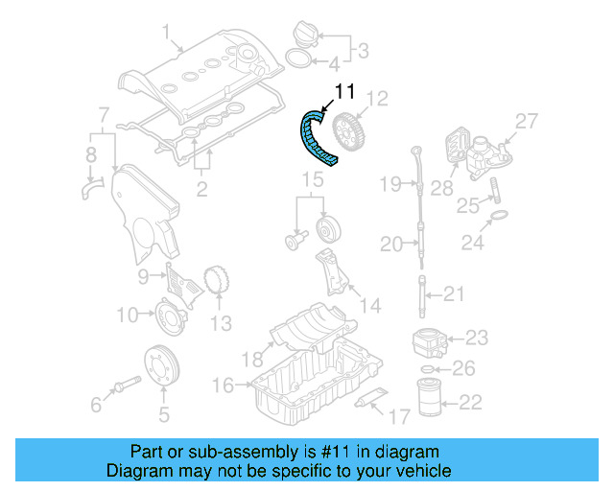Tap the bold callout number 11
point(344,93)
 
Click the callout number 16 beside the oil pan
point(222,385)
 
